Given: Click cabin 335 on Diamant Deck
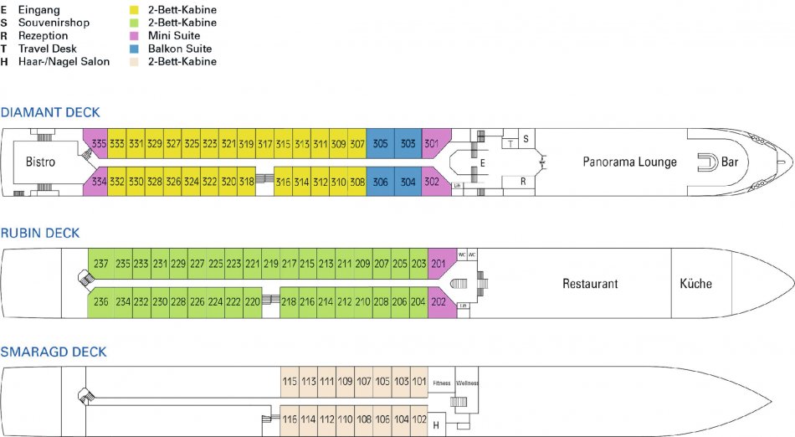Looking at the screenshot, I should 99,144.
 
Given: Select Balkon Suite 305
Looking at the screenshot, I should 381,144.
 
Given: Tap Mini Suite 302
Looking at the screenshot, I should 433,182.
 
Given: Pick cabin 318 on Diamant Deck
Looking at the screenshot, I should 246,182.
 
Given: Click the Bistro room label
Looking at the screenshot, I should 40,162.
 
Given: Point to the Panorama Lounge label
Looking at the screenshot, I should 629,162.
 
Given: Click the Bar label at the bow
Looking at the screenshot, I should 729,162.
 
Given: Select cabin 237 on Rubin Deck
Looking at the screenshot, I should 100,264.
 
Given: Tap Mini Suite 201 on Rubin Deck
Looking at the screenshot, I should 439,264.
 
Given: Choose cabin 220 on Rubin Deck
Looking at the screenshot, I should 252,301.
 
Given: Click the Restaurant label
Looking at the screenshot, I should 590,284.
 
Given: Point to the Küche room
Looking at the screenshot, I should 695,284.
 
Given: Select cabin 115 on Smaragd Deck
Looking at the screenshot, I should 290,382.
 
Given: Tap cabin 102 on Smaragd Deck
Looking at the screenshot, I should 419,419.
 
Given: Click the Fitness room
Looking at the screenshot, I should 441,383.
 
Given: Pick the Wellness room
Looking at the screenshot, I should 467,383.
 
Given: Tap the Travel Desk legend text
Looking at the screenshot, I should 49,49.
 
